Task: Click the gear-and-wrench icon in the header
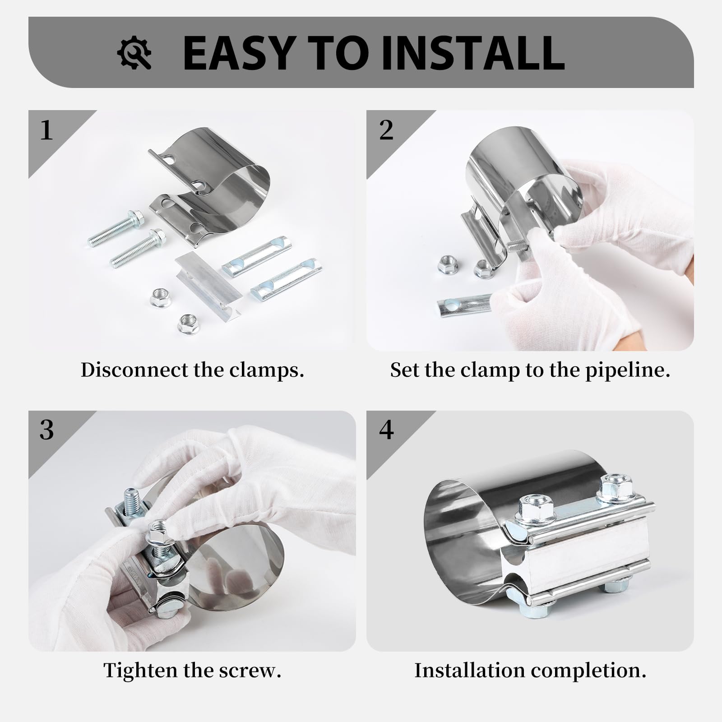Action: click(x=134, y=53)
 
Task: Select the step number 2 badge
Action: click(x=386, y=130)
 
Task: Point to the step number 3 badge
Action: click(x=46, y=430)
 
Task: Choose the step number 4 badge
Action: click(x=386, y=430)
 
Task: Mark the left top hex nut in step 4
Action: click(x=532, y=508)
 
